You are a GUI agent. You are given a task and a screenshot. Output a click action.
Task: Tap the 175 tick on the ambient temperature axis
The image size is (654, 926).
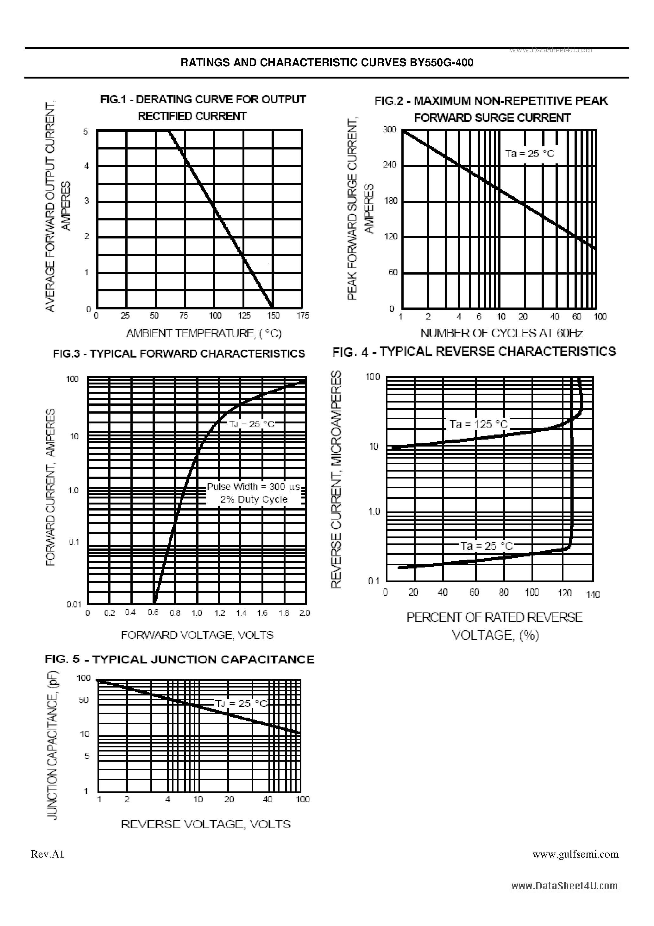click(303, 316)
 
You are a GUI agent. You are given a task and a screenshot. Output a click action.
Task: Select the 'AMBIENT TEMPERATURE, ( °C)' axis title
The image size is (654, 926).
click(204, 333)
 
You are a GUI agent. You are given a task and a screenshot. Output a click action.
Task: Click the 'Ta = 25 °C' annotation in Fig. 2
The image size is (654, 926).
click(530, 154)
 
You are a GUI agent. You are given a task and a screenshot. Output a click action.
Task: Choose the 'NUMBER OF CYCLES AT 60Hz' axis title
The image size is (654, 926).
click(502, 333)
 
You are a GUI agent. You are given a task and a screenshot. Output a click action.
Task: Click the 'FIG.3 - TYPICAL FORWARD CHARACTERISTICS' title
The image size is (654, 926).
click(179, 354)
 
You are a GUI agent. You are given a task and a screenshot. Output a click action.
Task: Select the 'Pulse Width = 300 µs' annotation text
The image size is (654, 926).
click(254, 487)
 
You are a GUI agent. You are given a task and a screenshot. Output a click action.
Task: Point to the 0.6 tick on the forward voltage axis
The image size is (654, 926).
click(153, 612)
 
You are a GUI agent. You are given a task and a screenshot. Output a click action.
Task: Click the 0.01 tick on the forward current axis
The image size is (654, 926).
click(74, 604)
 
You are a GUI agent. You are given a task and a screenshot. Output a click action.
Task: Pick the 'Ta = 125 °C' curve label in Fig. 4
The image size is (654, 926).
click(479, 424)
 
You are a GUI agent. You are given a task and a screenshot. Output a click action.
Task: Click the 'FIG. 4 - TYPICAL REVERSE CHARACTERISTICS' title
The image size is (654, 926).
click(474, 352)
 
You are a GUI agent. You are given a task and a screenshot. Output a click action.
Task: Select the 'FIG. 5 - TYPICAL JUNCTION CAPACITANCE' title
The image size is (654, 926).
click(179, 659)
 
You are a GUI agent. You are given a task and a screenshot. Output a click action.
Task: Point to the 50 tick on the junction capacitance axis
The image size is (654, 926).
click(84, 700)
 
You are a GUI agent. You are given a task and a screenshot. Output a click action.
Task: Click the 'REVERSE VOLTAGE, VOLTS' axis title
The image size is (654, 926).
click(206, 824)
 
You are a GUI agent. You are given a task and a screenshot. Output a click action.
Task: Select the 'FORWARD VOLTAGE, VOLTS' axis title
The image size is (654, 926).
click(197, 635)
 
